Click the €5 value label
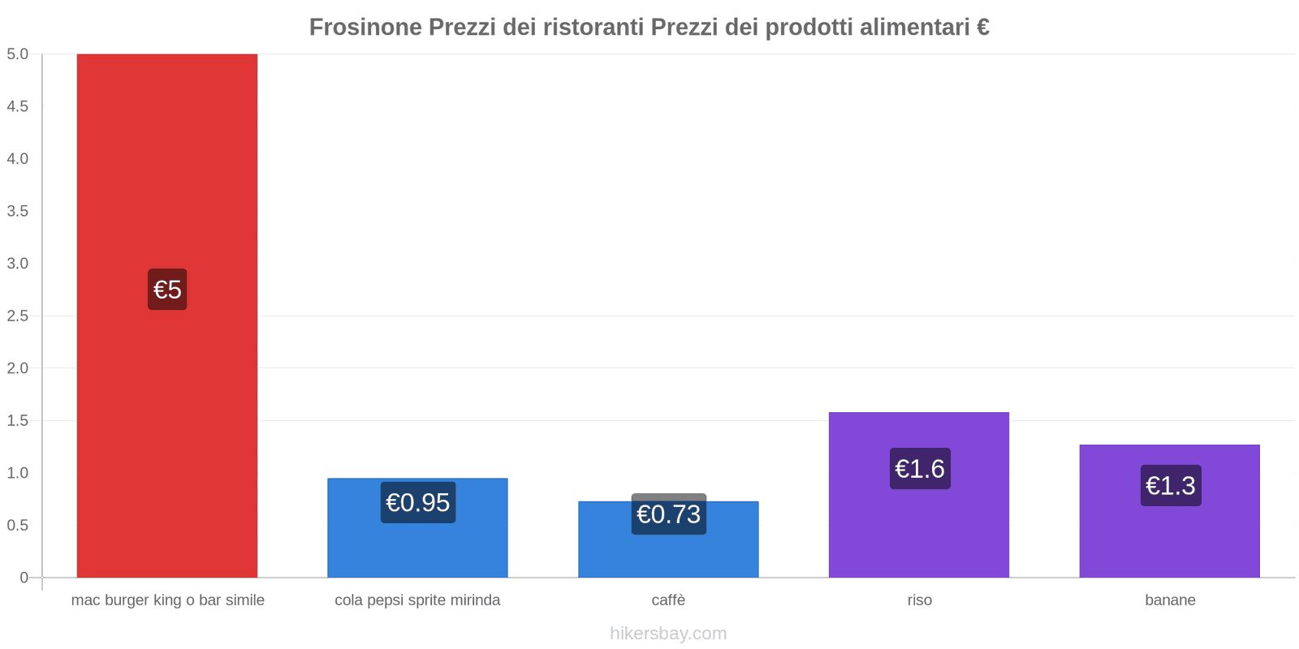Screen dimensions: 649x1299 coord(167,290)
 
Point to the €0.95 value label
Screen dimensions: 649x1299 coord(417,503)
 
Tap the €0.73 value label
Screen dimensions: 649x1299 coord(668,514)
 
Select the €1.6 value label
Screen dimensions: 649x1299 coord(919,469)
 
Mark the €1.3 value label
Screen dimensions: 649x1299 coord(1170,486)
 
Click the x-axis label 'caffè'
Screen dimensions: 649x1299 coord(668,600)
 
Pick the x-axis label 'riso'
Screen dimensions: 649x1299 coord(919,600)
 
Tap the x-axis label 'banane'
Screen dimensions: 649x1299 coord(1170,600)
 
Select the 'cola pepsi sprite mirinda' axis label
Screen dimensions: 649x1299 coord(417,600)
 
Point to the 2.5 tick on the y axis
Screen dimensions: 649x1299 coord(17,316)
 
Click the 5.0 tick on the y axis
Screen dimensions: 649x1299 coord(17,54)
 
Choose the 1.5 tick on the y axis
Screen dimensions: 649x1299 coord(17,420)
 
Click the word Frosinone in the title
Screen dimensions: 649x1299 coord(365,28)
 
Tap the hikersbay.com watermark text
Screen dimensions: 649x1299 coord(668,634)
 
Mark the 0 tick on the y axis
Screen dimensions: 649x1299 coord(24,578)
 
